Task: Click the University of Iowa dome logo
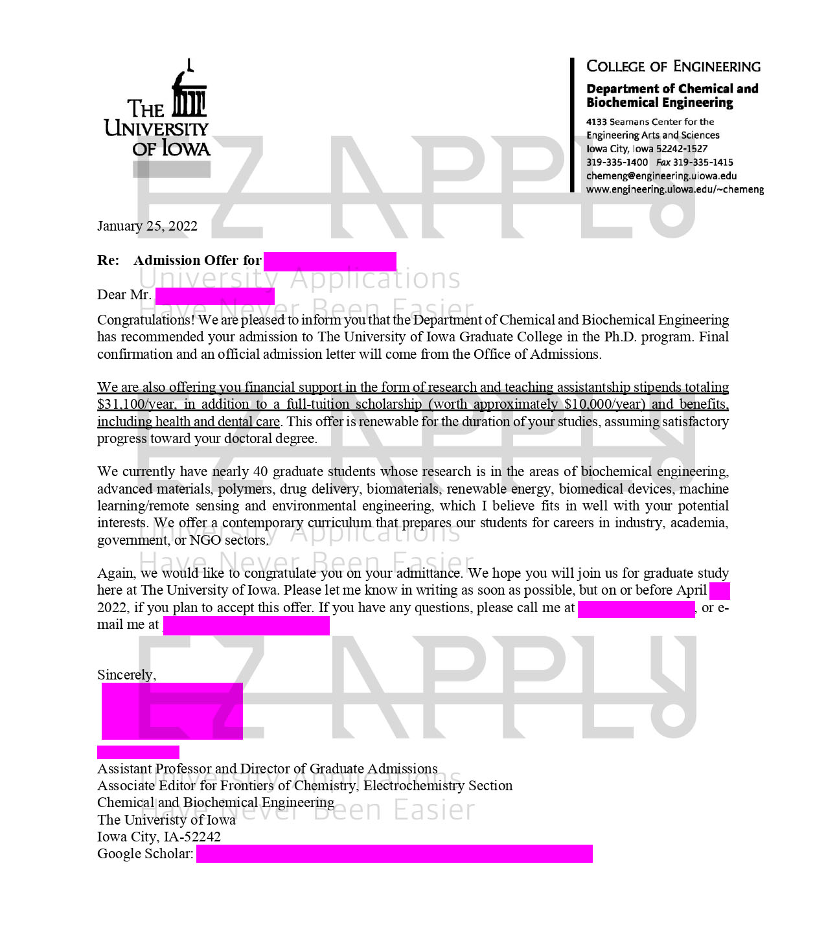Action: pyautogui.click(x=189, y=91)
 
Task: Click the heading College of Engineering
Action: pyautogui.click(x=673, y=67)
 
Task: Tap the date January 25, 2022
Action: pyautogui.click(x=147, y=226)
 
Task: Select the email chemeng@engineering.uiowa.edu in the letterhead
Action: pyautogui.click(x=661, y=176)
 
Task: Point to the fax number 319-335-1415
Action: pyautogui.click(x=703, y=163)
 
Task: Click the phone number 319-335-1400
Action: pyautogui.click(x=617, y=163)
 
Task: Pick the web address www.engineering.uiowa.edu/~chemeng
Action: pyautogui.click(x=674, y=190)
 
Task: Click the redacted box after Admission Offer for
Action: pyautogui.click(x=330, y=262)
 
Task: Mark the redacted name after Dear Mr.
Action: pyautogui.click(x=214, y=296)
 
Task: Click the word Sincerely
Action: pyautogui.click(x=126, y=675)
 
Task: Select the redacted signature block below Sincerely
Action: pyautogui.click(x=172, y=711)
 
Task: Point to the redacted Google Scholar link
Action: pyautogui.click(x=394, y=854)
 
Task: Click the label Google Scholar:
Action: pyautogui.click(x=145, y=854)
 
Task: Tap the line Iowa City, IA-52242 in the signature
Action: pyautogui.click(x=159, y=837)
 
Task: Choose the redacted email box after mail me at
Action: pyautogui.click(x=246, y=626)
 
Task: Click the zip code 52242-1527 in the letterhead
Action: pyautogui.click(x=681, y=149)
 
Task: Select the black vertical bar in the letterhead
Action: pyautogui.click(x=572, y=125)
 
